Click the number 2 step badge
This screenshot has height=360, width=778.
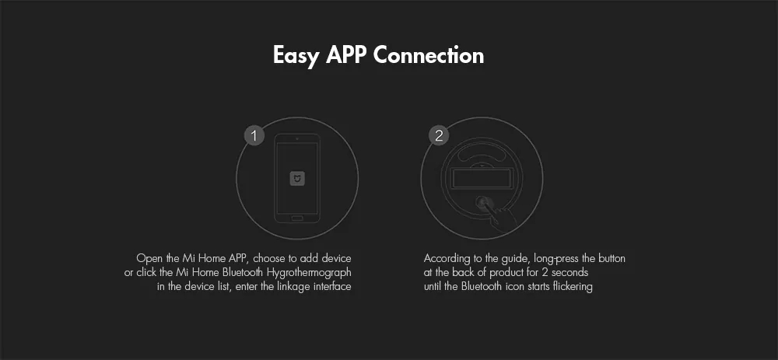tap(439, 136)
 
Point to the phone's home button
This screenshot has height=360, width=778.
tap(297, 218)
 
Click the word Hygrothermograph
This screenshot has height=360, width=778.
tap(313, 272)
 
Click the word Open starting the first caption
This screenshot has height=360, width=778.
tap(147, 258)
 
